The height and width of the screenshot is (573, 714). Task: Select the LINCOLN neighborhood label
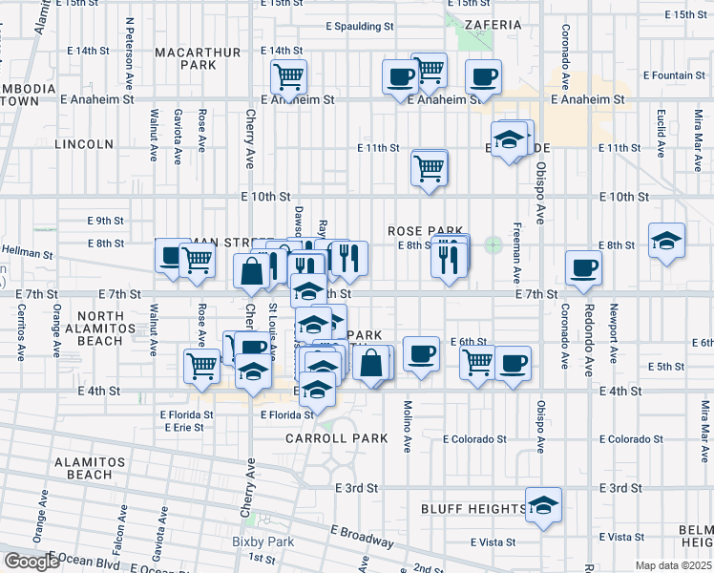click(84, 144)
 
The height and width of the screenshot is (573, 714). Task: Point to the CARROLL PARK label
click(337, 438)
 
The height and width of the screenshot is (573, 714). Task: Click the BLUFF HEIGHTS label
click(472, 509)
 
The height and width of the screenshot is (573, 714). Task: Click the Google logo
click(31, 562)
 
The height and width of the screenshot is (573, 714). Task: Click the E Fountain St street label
click(675, 74)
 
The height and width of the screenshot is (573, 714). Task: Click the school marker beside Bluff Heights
click(543, 504)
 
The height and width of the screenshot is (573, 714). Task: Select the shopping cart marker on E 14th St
click(288, 75)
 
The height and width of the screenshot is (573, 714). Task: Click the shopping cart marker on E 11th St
click(430, 167)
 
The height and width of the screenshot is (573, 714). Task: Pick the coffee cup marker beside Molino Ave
click(420, 353)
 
